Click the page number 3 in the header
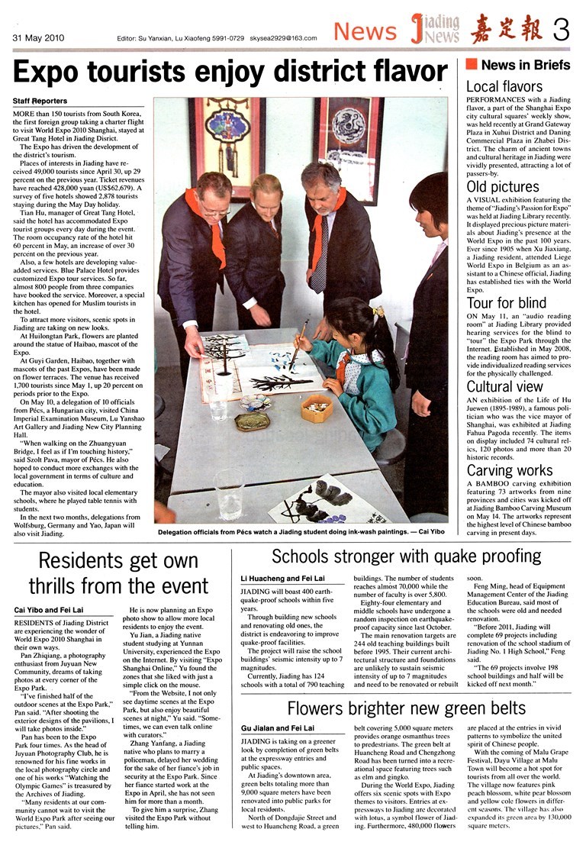[562, 31]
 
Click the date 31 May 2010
[39, 37]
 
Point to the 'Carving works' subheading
[509, 470]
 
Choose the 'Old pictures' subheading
[503, 187]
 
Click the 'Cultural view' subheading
[504, 387]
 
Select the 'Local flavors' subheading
[504, 86]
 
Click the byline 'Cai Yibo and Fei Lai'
[49, 610]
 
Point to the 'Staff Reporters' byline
[40, 101]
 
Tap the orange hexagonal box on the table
[316, 409]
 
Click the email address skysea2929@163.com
[282, 37]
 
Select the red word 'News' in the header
[365, 31]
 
